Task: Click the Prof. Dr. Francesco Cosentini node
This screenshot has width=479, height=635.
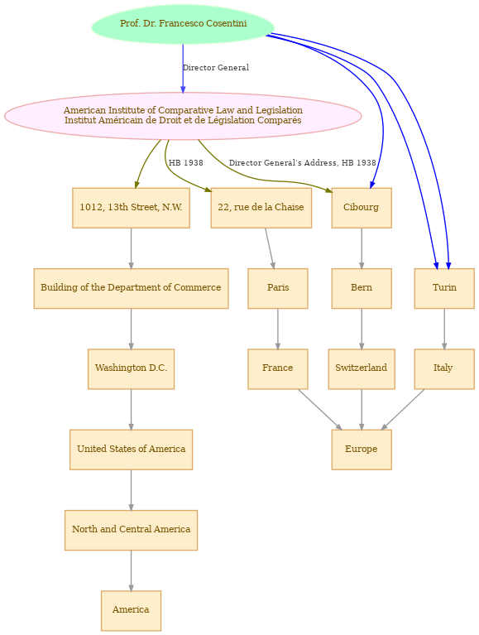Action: (184, 24)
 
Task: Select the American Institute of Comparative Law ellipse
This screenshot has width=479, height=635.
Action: (183, 116)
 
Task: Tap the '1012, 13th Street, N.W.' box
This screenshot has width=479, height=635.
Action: (131, 208)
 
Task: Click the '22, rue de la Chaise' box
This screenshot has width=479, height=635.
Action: (261, 208)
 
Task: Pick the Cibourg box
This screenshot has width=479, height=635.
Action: (362, 208)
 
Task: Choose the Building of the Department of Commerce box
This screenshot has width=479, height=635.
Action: (131, 288)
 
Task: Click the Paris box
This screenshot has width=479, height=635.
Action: (278, 288)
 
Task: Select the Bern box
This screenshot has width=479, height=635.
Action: (362, 288)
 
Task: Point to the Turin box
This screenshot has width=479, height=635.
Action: (444, 288)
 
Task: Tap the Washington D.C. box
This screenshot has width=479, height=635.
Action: (131, 369)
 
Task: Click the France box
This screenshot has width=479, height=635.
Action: (278, 369)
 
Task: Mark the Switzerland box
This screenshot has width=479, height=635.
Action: (362, 369)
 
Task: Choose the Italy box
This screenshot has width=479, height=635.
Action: (444, 369)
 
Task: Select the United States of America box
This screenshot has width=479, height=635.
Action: (131, 450)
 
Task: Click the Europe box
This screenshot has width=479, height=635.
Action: (362, 450)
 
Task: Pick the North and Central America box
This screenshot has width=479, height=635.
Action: (131, 530)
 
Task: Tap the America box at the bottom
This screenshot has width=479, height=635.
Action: (131, 611)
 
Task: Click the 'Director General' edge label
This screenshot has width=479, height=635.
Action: (216, 68)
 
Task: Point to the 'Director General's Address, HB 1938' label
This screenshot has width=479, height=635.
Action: (303, 163)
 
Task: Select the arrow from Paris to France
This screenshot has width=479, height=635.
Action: (278, 329)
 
